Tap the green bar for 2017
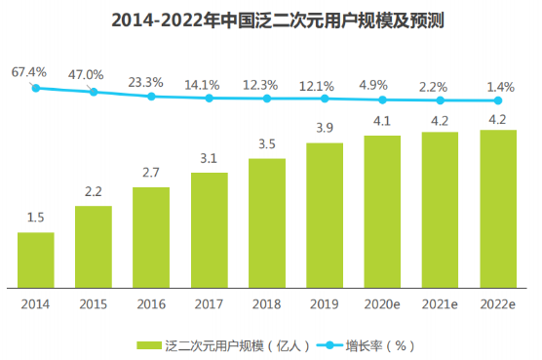pyautogui.click(x=210, y=230)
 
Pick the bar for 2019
pyautogui.click(x=325, y=215)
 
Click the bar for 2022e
pyautogui.click(x=498, y=209)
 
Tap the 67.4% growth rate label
pyautogui.click(x=30, y=72)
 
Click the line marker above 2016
pyautogui.click(x=151, y=97)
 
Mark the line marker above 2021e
pyautogui.click(x=441, y=100)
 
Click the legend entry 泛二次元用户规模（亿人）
pyautogui.click(x=230, y=344)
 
